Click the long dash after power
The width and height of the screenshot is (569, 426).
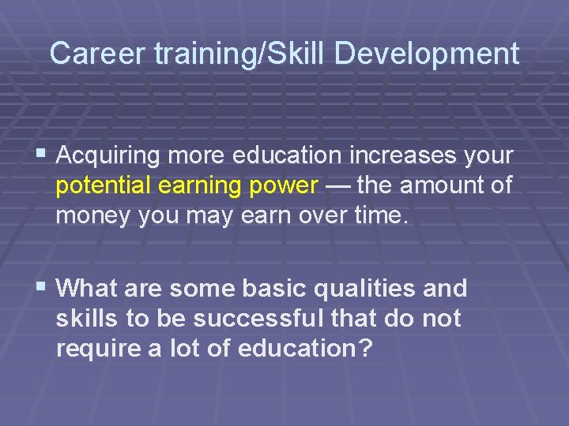pyautogui.click(x=338, y=185)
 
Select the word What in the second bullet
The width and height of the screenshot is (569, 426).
pyautogui.click(x=86, y=289)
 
